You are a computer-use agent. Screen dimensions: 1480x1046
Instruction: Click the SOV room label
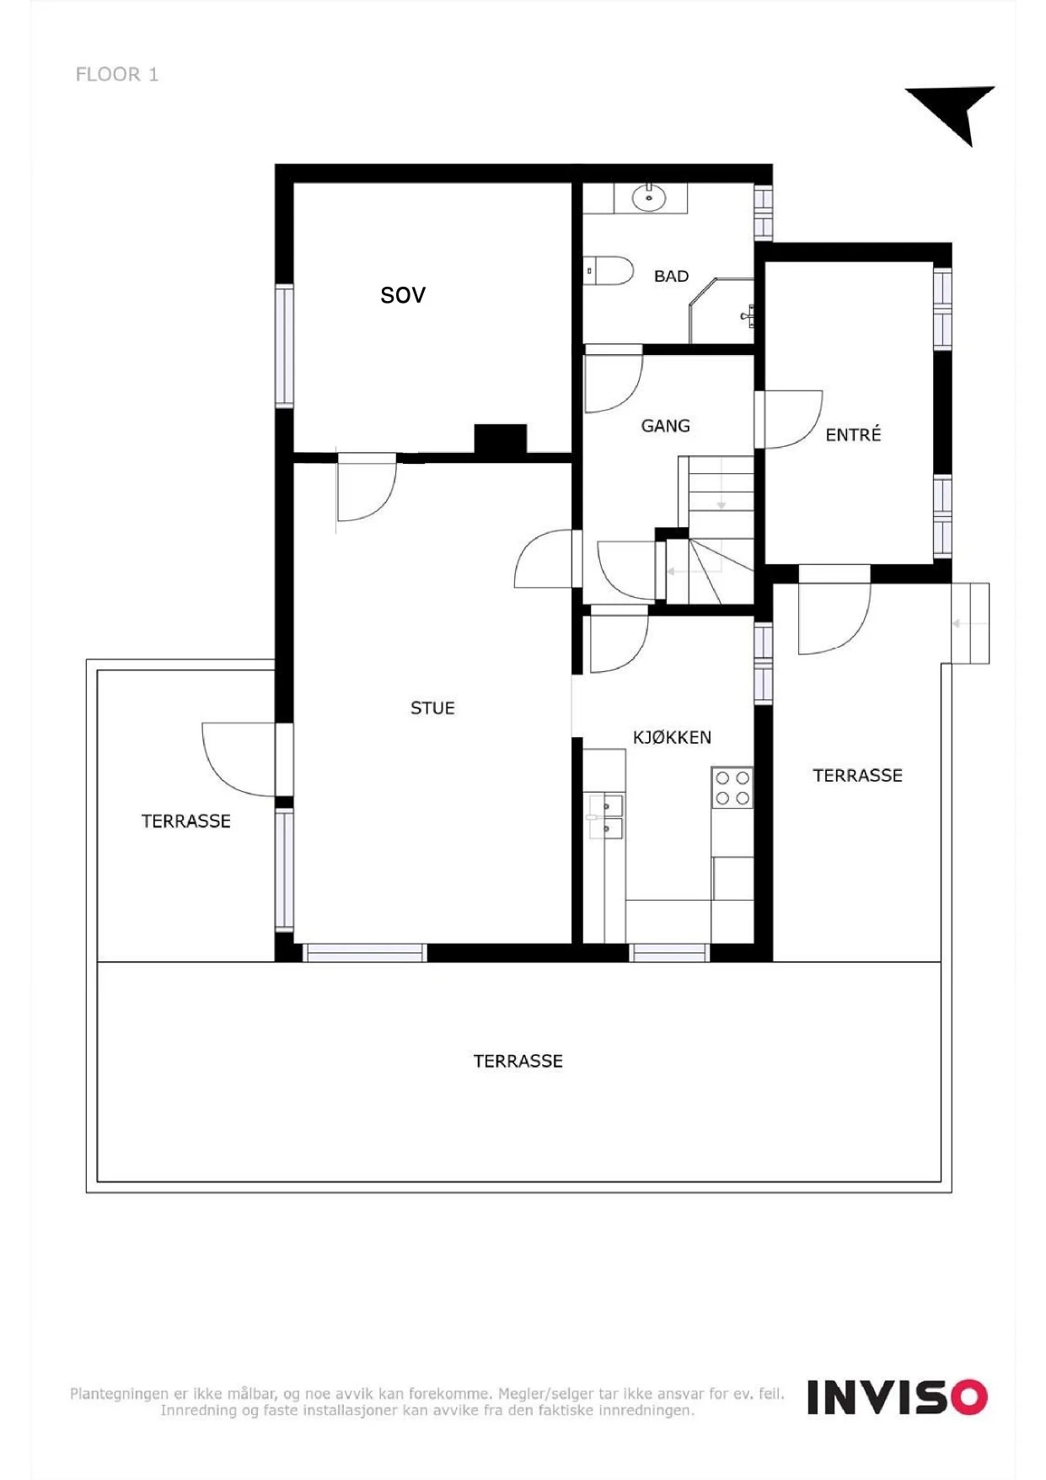pos(403,295)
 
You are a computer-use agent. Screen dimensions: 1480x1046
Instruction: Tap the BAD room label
pos(671,277)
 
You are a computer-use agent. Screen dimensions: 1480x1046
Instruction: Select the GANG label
pos(665,426)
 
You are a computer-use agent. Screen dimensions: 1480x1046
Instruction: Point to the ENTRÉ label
pos(853,435)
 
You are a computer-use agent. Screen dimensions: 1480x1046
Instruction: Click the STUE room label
pos(432,708)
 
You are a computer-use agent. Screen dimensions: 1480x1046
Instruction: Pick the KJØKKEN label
pos(672,738)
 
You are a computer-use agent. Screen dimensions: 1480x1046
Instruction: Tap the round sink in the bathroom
pos(649,199)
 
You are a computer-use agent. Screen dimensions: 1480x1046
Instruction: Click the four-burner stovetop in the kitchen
pos(732,788)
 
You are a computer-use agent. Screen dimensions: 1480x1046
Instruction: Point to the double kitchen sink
pos(606,817)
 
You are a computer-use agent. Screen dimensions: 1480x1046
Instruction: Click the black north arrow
pos(956,111)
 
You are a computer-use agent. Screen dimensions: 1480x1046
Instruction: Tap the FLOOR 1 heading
pos(117,74)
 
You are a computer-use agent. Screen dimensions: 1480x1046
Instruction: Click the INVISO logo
pos(897,1397)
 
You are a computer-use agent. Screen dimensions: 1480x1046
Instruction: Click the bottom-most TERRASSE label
pos(518,1061)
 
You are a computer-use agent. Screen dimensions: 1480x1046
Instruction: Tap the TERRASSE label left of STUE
pos(185,821)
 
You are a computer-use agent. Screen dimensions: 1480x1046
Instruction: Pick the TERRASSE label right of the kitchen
pos(857,776)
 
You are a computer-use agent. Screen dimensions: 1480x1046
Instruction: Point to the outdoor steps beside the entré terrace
pos(970,623)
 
